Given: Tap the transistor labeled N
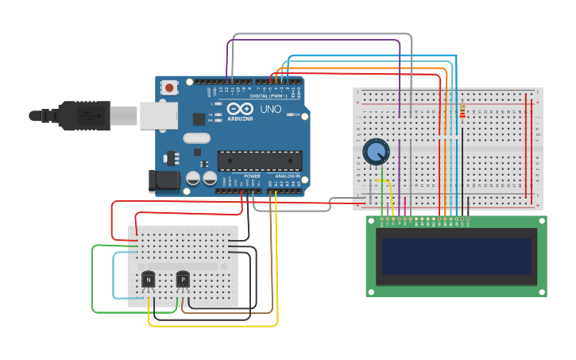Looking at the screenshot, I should (x=149, y=279).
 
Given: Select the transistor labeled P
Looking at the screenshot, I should (x=183, y=279).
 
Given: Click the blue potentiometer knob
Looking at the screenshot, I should (x=376, y=152).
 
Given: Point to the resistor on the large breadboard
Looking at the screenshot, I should (x=462, y=112).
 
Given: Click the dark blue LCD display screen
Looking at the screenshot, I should (x=456, y=255).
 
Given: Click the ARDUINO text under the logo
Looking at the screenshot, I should (x=240, y=118).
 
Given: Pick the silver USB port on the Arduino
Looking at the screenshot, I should (x=158, y=115).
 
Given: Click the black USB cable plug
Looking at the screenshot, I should (x=83, y=115).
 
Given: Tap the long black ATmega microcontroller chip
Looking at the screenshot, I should (x=259, y=160).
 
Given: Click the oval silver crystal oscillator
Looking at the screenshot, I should (x=197, y=138).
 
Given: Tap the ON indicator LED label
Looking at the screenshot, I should (x=296, y=115).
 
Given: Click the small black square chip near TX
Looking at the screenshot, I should (x=199, y=119).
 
